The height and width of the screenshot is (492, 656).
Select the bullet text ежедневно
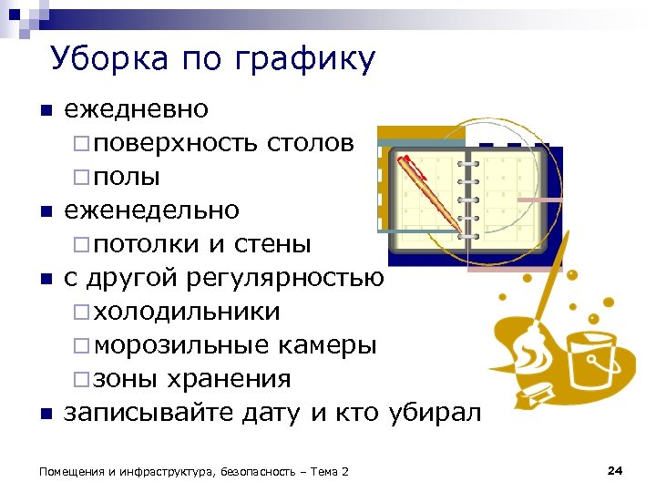coord(136,110)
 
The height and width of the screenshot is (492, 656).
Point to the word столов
coord(318,143)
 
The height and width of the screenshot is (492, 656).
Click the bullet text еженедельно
coord(151,210)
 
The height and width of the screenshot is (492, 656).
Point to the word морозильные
coord(181,345)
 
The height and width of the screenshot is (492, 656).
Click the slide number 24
coord(614,470)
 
